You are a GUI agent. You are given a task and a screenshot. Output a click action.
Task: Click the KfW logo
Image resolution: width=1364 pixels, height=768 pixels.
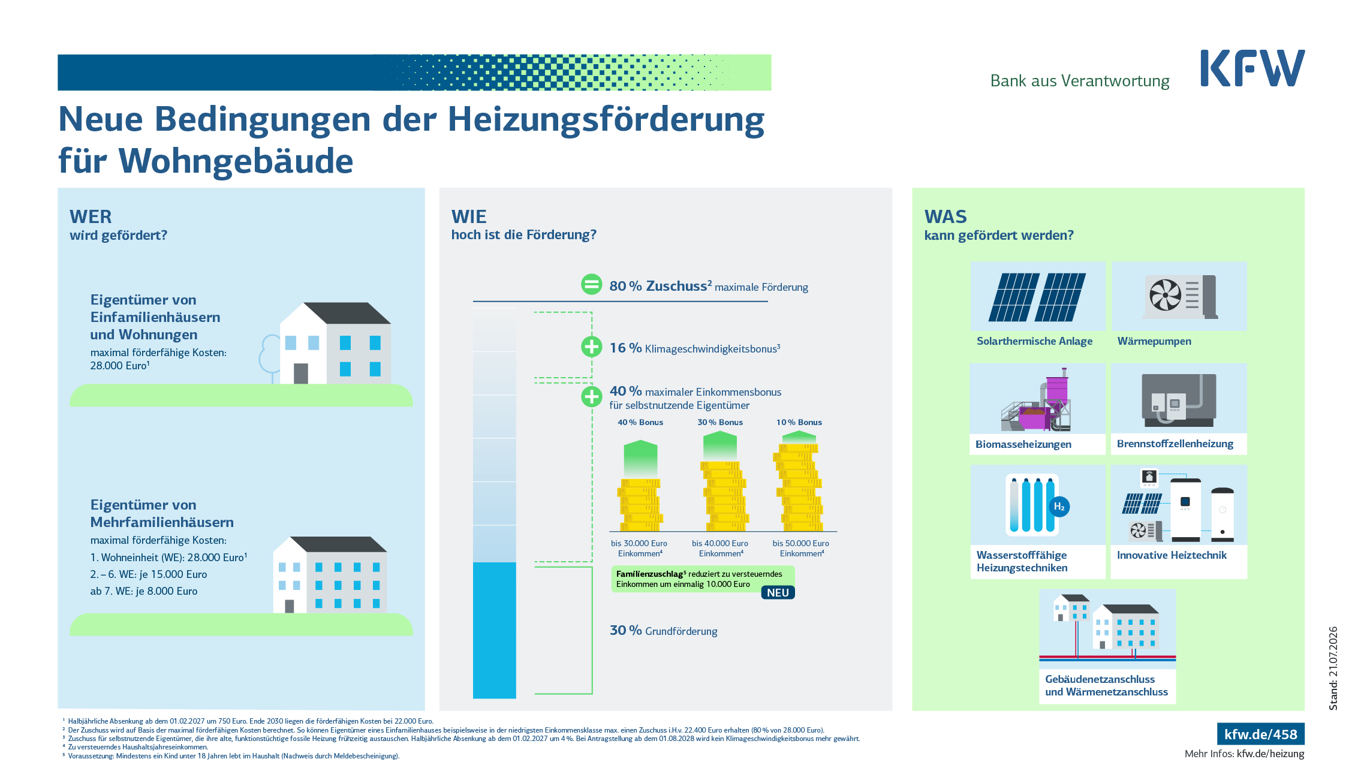pos(1252,68)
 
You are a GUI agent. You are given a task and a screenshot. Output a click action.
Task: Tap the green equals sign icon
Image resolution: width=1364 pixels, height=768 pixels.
pos(591,284)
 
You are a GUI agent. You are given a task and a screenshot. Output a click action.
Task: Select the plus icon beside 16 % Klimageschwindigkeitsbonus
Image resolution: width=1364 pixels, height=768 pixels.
pos(591,347)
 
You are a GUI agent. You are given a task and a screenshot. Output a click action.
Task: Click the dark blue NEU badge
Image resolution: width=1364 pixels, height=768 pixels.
pos(778,592)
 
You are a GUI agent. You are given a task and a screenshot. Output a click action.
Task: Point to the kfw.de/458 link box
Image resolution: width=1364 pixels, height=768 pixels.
pos(1260,734)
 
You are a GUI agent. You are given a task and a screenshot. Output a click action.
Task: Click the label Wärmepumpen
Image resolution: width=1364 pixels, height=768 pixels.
pos(1154,341)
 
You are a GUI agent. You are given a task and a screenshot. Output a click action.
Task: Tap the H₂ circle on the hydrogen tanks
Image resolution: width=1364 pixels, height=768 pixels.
pos(1059,507)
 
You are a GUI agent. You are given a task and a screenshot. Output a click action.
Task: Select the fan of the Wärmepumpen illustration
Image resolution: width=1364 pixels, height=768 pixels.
pos(1165,295)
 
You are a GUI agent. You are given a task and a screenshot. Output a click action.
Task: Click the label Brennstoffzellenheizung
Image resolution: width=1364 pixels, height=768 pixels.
pos(1175,444)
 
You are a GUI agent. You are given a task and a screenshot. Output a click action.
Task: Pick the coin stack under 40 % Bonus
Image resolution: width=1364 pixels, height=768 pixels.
pos(640,505)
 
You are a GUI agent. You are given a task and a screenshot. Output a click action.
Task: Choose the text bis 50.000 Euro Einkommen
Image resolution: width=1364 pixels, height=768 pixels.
pos(801,548)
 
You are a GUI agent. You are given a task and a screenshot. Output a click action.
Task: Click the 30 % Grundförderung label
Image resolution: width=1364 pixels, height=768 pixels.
pos(664,630)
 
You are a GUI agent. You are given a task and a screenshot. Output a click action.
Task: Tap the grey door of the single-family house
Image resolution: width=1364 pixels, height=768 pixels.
pos(301,374)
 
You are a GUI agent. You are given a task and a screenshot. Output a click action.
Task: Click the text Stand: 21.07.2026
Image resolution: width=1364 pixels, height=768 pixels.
pos(1333,668)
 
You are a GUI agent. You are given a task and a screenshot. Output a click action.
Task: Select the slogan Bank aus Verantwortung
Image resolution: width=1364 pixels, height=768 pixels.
pos(1080,81)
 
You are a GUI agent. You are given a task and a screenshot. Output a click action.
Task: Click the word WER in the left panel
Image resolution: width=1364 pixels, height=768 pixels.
pos(91,216)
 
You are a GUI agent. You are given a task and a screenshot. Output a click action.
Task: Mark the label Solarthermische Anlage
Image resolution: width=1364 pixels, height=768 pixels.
pos(1034,341)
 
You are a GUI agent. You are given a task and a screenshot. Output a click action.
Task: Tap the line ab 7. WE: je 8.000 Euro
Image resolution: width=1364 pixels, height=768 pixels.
pos(144,591)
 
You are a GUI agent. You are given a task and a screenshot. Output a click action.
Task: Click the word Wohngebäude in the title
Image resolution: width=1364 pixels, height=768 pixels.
pos(236,161)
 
